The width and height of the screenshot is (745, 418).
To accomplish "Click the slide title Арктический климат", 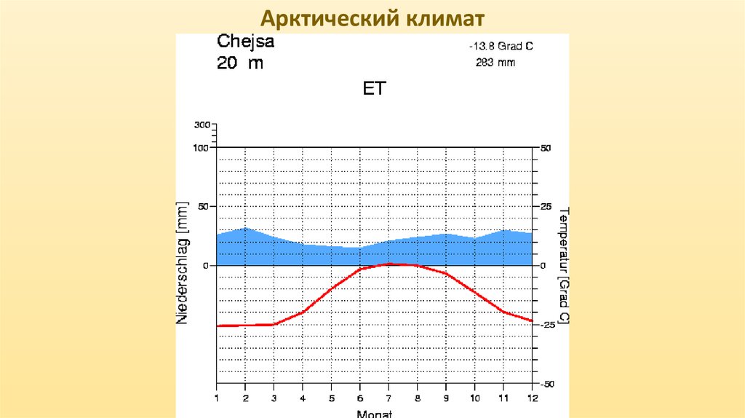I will point(372,17).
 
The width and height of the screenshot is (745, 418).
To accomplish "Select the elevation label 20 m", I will point(239,63).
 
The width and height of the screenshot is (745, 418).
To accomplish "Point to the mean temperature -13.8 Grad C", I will point(501,46).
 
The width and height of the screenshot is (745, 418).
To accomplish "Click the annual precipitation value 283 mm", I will point(495,63).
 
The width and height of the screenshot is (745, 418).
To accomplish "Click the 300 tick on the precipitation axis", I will point(202,125).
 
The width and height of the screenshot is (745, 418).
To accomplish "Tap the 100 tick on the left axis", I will point(201,148).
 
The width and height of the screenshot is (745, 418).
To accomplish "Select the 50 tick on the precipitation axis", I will point(203,207).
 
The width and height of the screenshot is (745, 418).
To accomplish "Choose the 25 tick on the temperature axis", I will point(546,207).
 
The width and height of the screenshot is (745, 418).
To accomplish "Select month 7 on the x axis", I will point(389,398).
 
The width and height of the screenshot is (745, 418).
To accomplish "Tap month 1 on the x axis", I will point(216,398).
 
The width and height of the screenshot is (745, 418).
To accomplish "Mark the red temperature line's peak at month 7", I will point(389,264).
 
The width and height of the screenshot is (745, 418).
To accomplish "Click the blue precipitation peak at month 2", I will point(246,229).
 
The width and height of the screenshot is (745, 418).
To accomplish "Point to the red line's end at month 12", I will point(532,320).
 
